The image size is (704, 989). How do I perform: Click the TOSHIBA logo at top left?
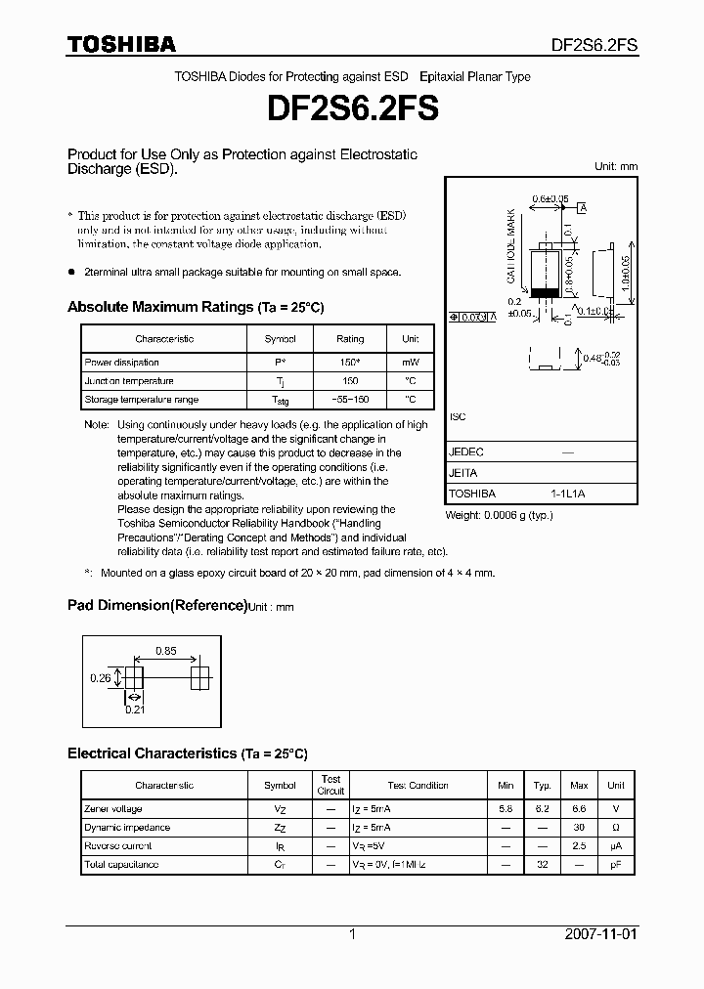point(121,44)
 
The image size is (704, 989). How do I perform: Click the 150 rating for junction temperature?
point(350,381)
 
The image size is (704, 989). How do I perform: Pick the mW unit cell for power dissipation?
point(410,363)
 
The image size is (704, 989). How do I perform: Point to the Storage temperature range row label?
point(141,400)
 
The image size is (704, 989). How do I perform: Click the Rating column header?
point(350,339)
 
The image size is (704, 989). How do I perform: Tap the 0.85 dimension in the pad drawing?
point(165,651)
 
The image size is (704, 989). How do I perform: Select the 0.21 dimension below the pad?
point(134,709)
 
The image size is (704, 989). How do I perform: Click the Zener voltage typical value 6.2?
point(542,809)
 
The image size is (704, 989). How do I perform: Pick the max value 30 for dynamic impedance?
point(579,828)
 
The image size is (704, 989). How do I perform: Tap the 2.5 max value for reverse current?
point(579,846)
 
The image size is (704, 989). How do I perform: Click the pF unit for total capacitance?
point(615,865)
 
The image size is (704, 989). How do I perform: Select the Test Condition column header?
point(418,785)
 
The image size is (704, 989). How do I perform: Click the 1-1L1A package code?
point(567,494)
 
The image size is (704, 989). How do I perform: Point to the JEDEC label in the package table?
point(466,452)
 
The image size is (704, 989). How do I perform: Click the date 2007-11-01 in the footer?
point(600,934)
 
